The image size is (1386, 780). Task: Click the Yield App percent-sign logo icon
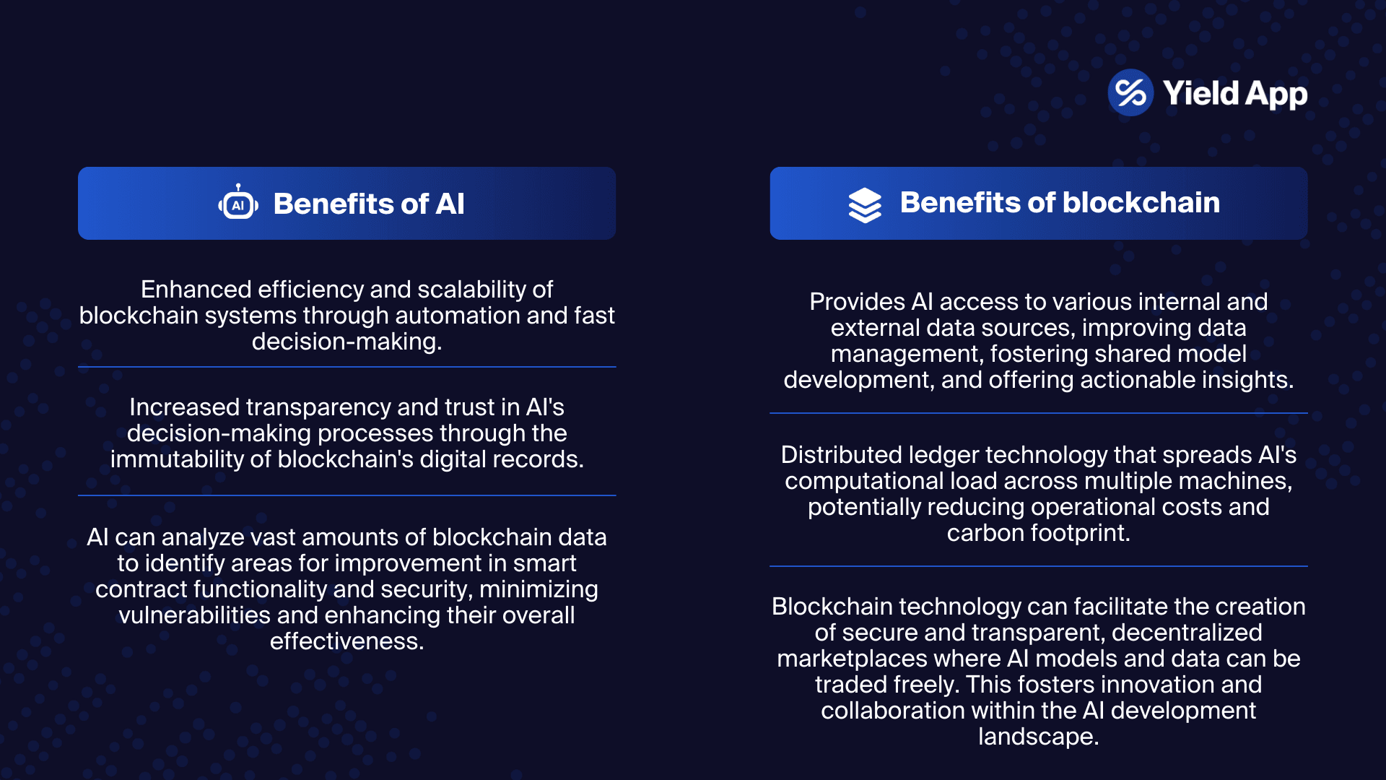tap(1130, 92)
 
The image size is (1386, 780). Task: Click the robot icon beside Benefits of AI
tap(238, 203)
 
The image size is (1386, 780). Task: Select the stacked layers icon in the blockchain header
tap(864, 204)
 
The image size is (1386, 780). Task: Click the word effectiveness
tap(346, 641)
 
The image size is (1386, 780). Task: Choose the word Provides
tap(857, 302)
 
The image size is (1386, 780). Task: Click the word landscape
tap(1037, 737)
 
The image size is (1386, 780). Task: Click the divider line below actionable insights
tap(1038, 413)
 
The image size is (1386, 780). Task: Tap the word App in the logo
tap(1276, 95)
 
